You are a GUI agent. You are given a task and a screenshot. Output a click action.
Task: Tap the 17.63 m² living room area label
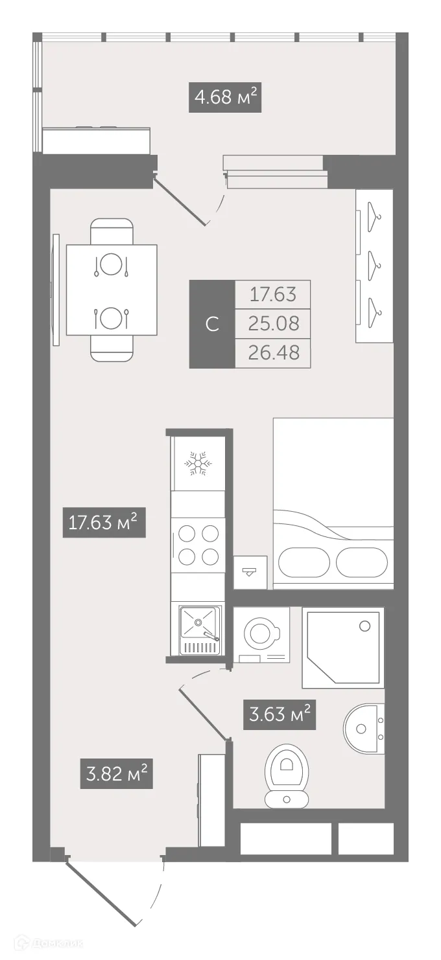tap(104, 523)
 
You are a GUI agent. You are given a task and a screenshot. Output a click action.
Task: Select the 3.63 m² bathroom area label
tap(280, 714)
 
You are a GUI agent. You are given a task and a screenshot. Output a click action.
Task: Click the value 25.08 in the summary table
tap(272, 323)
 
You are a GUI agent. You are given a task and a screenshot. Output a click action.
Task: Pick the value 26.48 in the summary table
tap(272, 353)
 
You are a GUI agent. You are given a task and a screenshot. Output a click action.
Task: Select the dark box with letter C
tap(211, 324)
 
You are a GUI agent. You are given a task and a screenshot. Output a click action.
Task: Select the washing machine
tap(261, 635)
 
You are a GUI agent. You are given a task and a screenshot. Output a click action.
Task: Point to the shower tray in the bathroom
tap(342, 647)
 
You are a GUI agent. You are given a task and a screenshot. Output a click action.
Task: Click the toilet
tap(287, 775)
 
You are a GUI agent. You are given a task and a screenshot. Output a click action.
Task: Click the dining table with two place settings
tap(112, 290)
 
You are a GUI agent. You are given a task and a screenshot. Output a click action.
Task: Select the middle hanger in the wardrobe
tap(374, 262)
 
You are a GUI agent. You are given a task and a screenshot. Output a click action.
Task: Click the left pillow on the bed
tap(304, 562)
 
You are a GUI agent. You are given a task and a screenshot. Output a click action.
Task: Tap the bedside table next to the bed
tap(250, 572)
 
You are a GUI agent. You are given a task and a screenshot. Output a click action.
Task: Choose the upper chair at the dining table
tap(112, 231)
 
